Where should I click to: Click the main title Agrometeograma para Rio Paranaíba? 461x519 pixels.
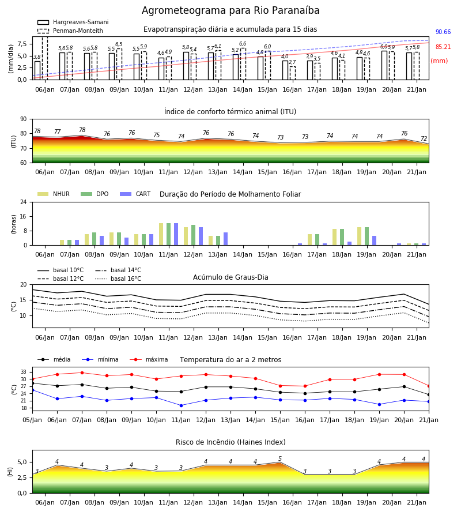231,10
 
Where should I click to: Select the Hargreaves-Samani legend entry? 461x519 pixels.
73,22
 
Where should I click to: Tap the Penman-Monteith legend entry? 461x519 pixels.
70,31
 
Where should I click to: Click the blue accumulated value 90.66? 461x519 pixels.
443,32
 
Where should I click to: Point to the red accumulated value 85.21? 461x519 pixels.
443,47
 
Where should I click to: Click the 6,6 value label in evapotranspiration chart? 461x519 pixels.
243,44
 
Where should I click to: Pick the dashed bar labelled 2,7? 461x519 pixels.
293,73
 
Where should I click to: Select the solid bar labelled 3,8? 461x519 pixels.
37,70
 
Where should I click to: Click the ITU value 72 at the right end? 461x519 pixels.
424,138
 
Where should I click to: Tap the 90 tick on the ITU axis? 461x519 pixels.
24,119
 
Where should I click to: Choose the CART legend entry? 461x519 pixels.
135,194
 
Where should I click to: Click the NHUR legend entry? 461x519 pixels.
54,194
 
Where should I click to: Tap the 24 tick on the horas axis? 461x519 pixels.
24,202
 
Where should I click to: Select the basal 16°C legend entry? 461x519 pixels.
118,279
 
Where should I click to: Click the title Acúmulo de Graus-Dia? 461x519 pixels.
231,277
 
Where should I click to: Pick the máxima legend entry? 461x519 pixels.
149,359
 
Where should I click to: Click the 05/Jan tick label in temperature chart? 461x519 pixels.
32,420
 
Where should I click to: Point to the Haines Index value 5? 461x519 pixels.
280,458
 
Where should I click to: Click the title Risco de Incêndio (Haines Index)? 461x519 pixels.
231,442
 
